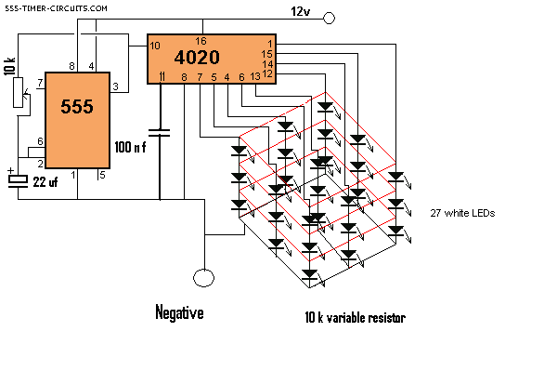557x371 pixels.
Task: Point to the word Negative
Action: [179, 313]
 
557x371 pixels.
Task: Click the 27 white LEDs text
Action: [461, 213]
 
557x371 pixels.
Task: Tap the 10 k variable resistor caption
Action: [356, 317]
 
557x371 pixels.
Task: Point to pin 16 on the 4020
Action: [201, 41]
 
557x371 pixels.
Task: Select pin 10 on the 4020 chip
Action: [155, 46]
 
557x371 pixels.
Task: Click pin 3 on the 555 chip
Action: [115, 86]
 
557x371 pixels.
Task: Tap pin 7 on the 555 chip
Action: [40, 83]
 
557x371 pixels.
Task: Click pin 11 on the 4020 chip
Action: [162, 76]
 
